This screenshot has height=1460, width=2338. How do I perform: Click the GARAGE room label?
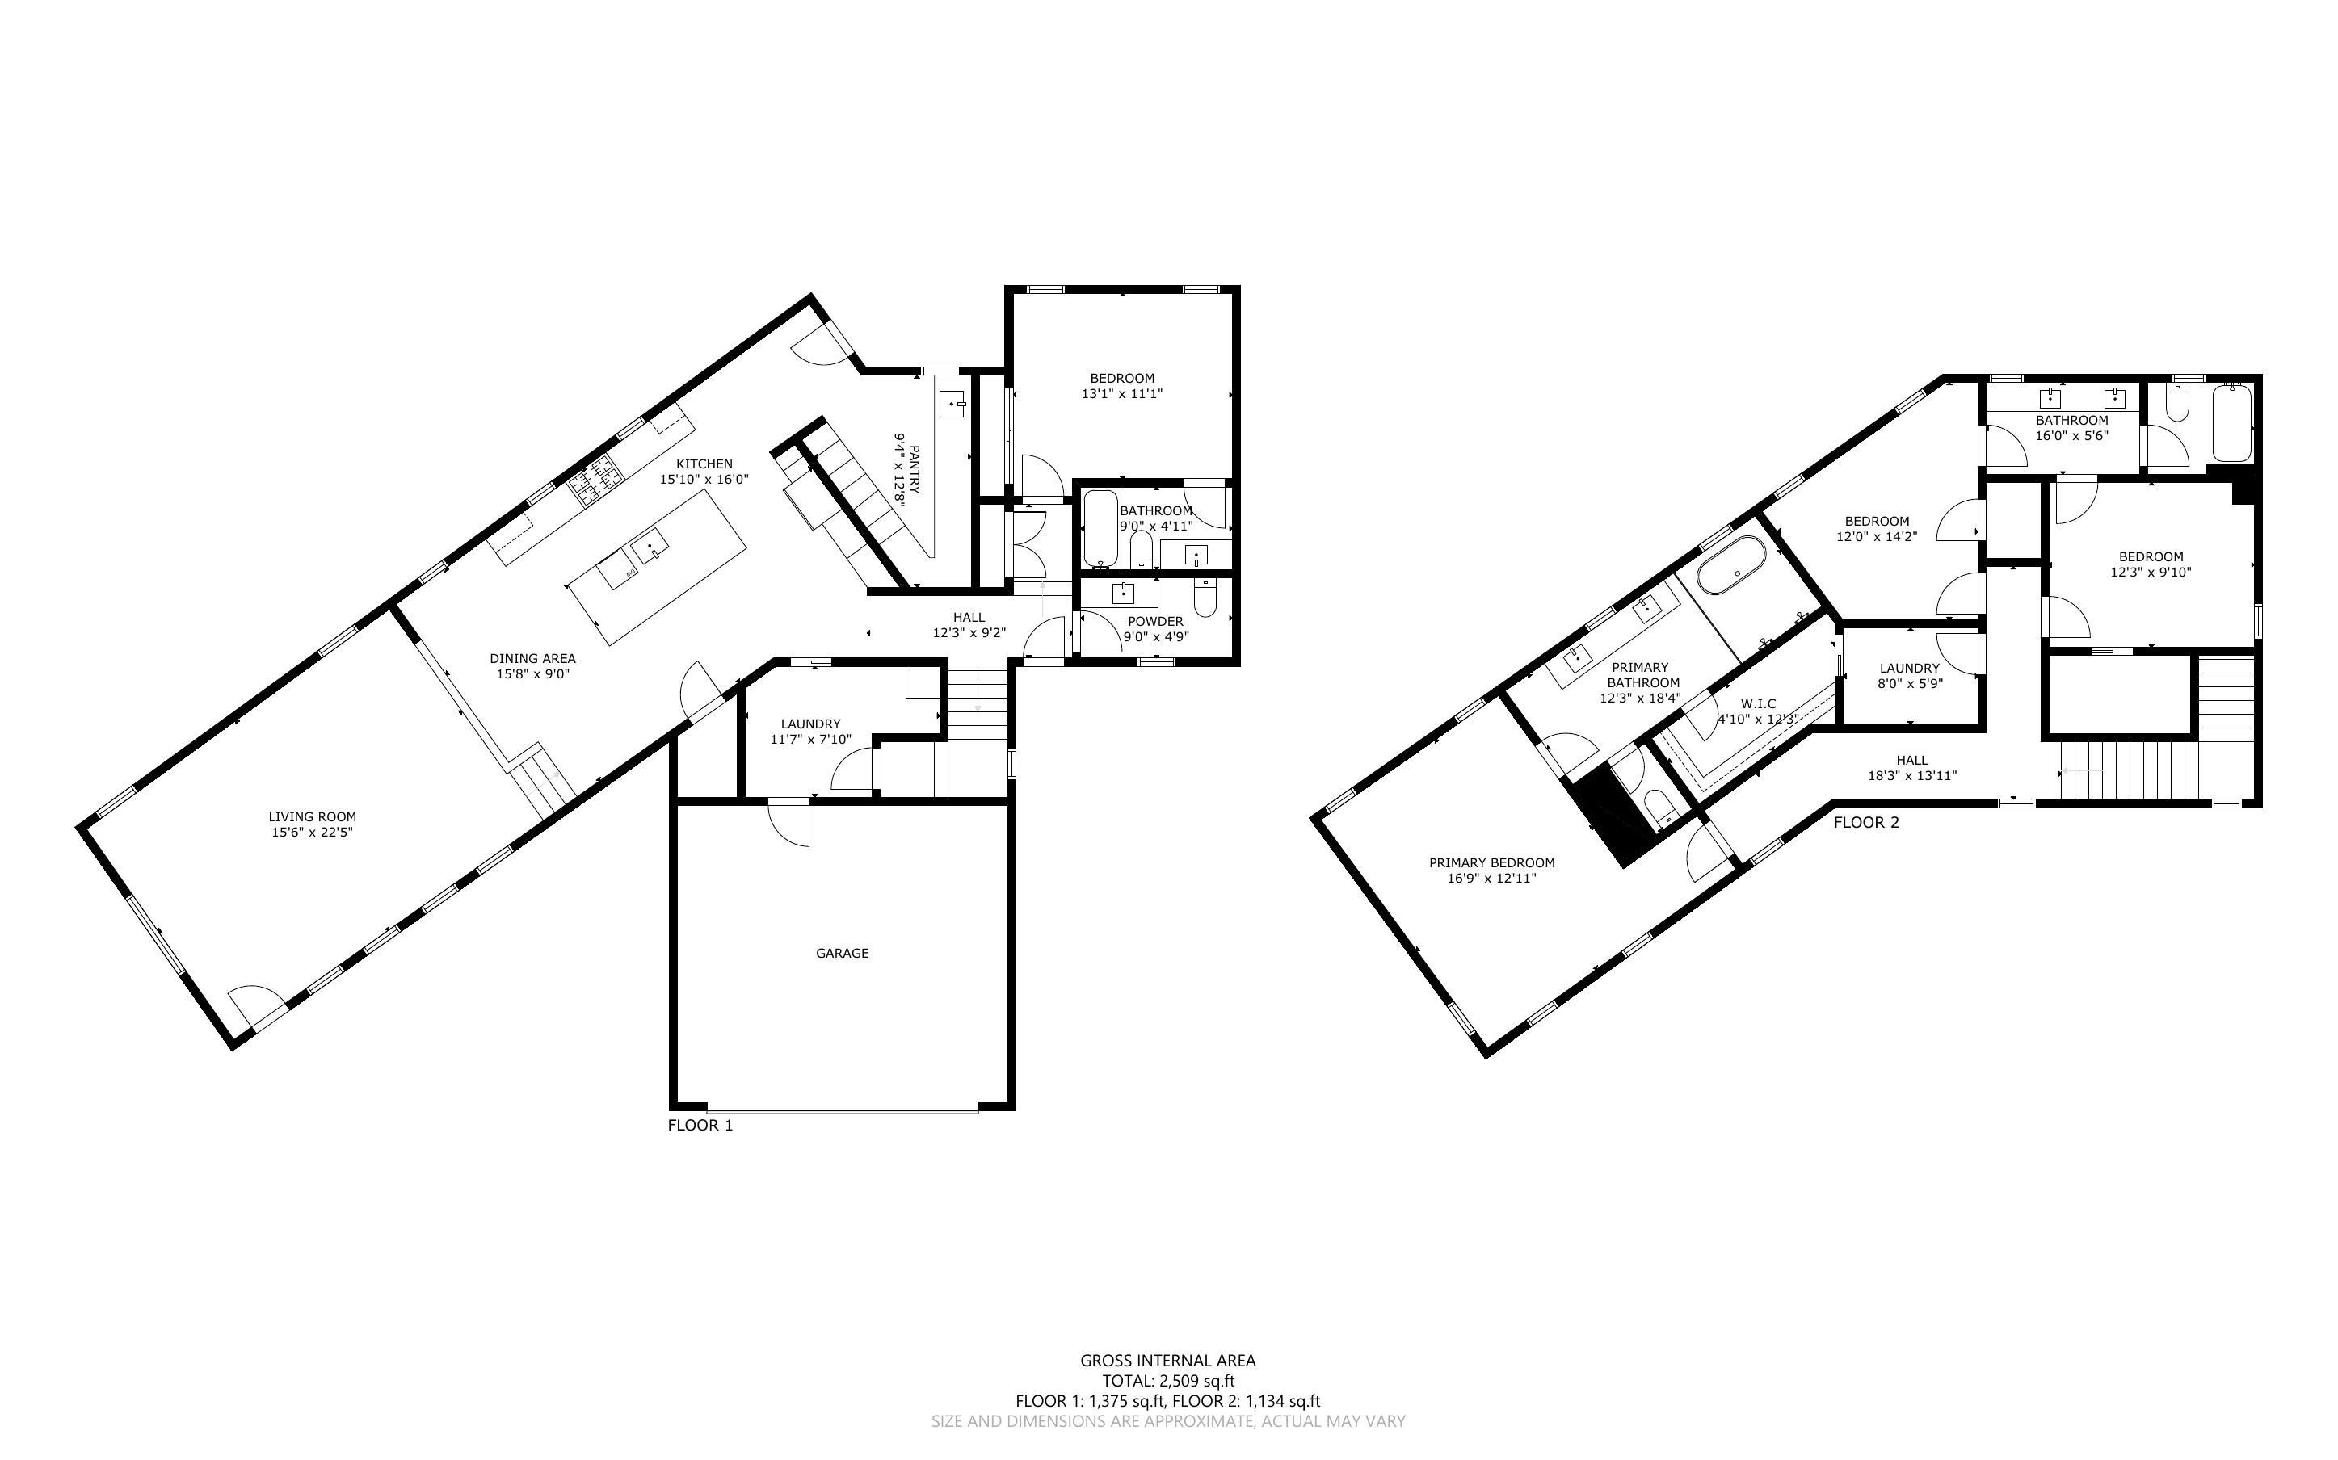click(x=842, y=953)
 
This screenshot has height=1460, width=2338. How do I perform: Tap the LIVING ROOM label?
click(x=312, y=817)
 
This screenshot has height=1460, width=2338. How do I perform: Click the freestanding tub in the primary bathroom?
click(x=1731, y=565)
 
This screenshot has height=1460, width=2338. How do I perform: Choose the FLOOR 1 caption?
click(x=700, y=1125)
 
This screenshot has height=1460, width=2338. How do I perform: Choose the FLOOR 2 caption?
click(x=1865, y=823)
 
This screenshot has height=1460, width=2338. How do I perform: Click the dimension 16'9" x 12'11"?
click(x=1491, y=879)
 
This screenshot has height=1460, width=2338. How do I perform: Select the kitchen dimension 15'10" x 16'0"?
click(x=704, y=479)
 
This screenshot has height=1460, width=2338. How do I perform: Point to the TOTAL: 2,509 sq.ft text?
click(x=1167, y=1381)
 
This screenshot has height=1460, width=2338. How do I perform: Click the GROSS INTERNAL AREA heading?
click(x=1167, y=1361)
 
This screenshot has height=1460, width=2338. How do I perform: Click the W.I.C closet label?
click(x=1758, y=704)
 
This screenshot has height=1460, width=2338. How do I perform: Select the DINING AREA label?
click(x=532, y=659)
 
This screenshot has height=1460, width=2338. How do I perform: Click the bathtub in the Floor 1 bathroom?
click(x=1100, y=529)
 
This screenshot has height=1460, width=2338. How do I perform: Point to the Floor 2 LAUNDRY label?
click(x=1909, y=668)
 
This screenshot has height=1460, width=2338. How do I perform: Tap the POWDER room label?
click(x=1155, y=621)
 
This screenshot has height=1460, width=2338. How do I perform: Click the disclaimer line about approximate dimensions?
click(x=1167, y=1421)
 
